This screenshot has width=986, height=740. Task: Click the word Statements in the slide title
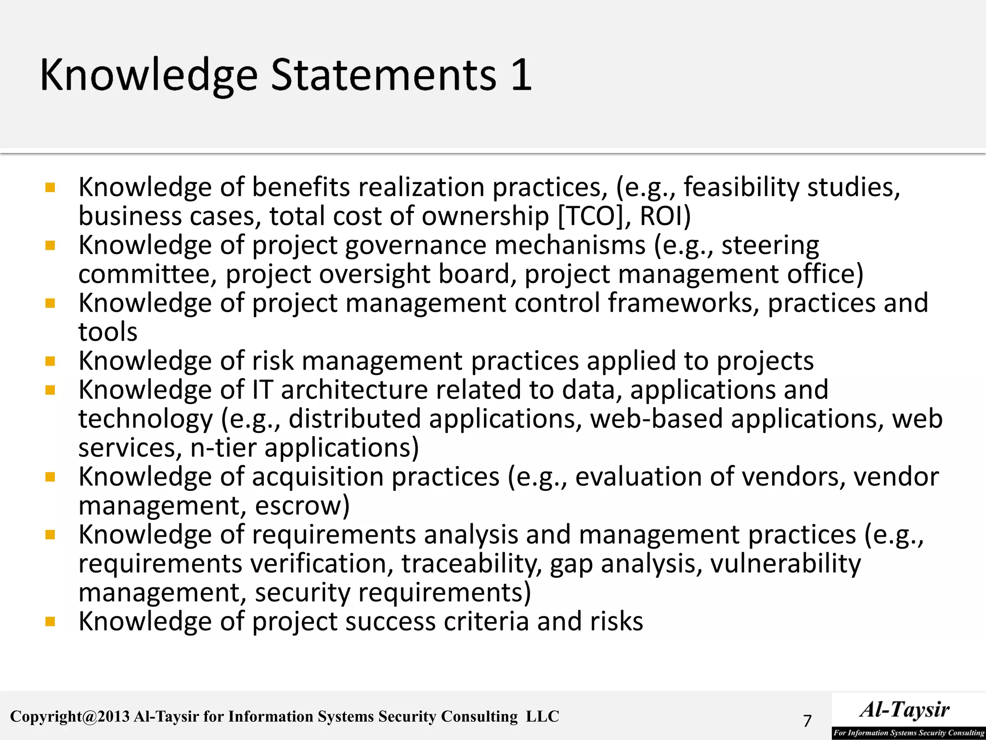(x=383, y=75)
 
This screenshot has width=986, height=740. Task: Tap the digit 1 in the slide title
(x=521, y=75)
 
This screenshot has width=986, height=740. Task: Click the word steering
(x=770, y=246)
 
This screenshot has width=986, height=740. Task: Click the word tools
(x=108, y=332)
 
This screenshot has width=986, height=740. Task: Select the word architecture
(x=354, y=390)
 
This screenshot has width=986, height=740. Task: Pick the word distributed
(x=355, y=419)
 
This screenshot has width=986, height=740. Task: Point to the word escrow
(x=302, y=506)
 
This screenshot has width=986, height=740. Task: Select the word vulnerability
(x=785, y=564)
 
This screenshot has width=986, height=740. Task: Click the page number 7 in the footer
(x=807, y=721)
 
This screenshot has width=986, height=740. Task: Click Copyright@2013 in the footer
(x=70, y=716)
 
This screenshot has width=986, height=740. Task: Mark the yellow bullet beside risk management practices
(x=50, y=361)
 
